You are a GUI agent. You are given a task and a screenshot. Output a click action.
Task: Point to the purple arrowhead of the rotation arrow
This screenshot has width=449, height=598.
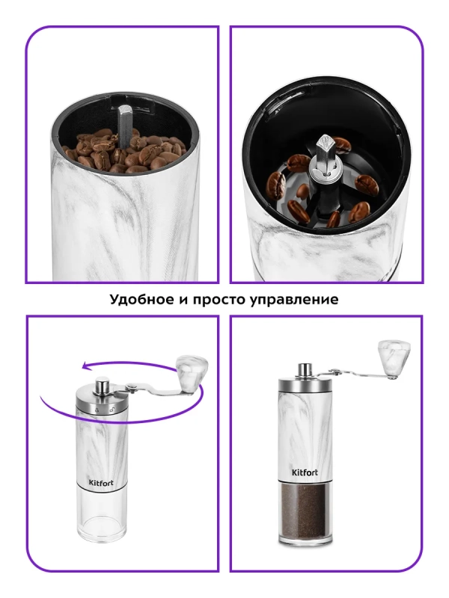pos(88,366)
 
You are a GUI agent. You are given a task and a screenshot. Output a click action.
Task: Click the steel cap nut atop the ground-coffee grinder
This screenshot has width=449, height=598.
pos(305,370)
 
